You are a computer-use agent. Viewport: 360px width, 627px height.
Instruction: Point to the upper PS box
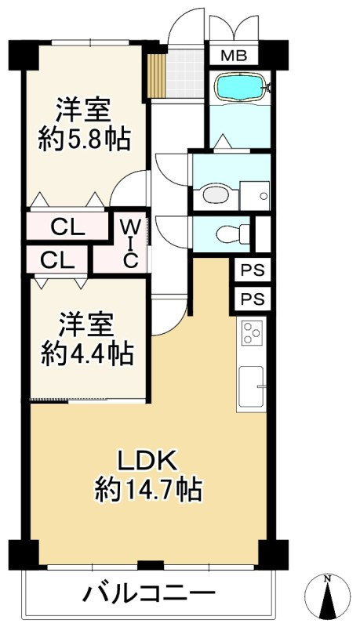tap(253, 271)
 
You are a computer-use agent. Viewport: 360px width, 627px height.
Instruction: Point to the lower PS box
tap(253, 299)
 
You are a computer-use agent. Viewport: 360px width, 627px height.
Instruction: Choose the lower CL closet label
tap(54, 259)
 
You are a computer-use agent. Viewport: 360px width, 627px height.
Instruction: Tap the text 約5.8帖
tap(84, 141)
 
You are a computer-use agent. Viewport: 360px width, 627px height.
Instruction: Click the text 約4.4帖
tap(86, 353)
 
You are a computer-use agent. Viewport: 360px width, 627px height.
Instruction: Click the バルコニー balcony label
tap(148, 593)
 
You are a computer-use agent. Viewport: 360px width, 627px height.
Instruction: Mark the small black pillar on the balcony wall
tap(150, 564)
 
